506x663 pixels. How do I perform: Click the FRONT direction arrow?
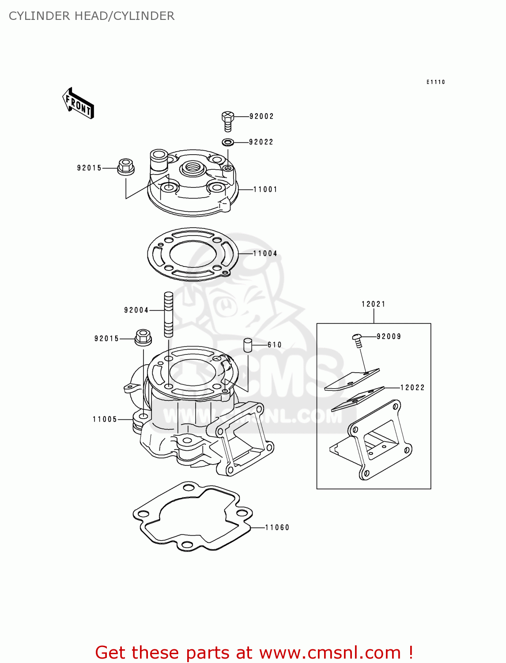pyautogui.click(x=78, y=103)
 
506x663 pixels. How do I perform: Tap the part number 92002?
pyautogui.click(x=261, y=116)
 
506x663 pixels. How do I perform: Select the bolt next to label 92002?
pyautogui.click(x=227, y=121)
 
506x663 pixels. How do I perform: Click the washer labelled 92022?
pyautogui.click(x=228, y=142)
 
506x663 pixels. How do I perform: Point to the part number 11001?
pyautogui.click(x=265, y=190)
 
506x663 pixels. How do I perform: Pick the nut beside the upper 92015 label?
pyautogui.click(x=126, y=167)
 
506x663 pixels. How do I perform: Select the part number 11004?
pyautogui.click(x=265, y=254)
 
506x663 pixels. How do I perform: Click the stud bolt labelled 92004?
pyautogui.click(x=168, y=314)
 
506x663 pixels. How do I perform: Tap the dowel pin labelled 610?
pyautogui.click(x=248, y=345)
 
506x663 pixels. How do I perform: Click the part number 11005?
pyautogui.click(x=105, y=419)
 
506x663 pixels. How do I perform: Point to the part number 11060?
pyautogui.click(x=277, y=528)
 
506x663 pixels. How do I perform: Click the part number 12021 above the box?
pyautogui.click(x=374, y=304)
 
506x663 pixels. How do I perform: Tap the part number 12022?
pyautogui.click(x=412, y=388)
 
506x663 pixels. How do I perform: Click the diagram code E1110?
pyautogui.click(x=435, y=82)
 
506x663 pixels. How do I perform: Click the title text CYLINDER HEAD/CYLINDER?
pyautogui.click(x=91, y=16)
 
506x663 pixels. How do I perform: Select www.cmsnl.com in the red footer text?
pyautogui.click(x=330, y=653)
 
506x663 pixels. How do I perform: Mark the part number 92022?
pyautogui.click(x=261, y=142)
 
